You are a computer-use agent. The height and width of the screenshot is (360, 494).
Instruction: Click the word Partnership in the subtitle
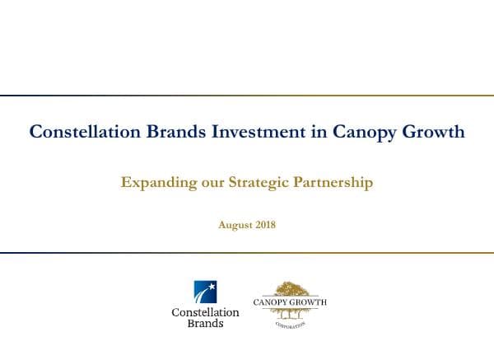tap(337, 183)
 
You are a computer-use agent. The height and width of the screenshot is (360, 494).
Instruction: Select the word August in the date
tap(235, 224)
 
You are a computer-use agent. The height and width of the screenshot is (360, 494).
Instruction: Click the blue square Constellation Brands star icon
tap(205, 292)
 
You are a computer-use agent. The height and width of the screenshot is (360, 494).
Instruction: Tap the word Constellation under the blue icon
tap(205, 312)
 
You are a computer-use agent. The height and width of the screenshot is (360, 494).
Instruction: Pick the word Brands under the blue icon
tap(205, 324)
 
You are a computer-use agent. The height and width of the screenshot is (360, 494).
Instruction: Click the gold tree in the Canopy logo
tap(288, 290)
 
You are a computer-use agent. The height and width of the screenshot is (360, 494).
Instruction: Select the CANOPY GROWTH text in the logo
tap(289, 302)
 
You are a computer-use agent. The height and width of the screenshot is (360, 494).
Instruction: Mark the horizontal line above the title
tap(247, 96)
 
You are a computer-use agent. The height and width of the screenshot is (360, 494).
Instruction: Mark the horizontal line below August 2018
tap(247, 253)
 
